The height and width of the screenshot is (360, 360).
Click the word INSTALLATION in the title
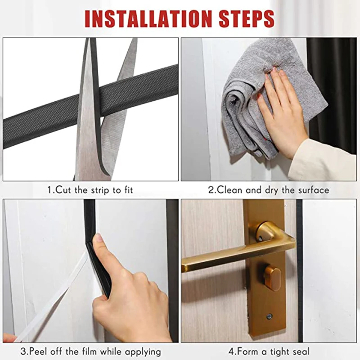[148, 18]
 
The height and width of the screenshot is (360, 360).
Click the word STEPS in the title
[247, 18]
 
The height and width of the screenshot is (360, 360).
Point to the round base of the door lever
[266, 232]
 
